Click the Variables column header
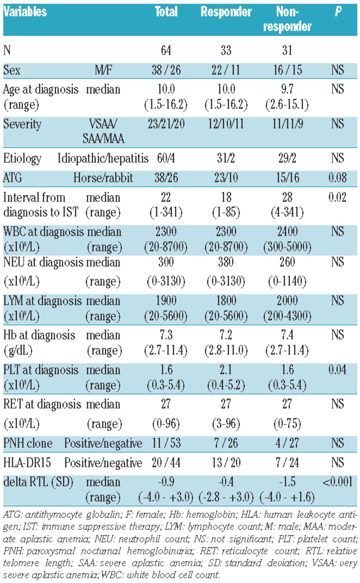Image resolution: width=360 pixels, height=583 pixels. pos(25,12)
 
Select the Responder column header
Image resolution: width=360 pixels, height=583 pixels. pos(226,12)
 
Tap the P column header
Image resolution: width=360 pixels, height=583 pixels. pos(338,12)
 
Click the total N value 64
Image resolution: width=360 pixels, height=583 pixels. pos(166,50)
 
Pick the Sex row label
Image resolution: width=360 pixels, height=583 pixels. pos(12,70)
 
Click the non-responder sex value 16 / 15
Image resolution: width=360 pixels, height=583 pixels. pos(287,70)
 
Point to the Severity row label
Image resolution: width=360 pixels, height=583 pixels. pos(22,124)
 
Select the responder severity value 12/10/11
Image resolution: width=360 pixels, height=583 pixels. pos(226,124)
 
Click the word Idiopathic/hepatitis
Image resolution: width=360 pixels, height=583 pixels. pos(103,158)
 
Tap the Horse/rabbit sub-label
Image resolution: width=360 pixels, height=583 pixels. pos(103,178)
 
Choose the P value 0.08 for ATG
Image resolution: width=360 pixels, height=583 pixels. pos(337,178)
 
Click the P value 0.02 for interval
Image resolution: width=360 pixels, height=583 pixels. pos(337,197)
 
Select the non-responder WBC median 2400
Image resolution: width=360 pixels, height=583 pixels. pos(287,232)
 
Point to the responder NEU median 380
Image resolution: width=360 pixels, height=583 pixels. pos(226,262)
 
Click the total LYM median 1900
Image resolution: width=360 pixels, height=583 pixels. pos(166,301)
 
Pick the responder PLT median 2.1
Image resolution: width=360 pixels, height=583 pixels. pos(226,370)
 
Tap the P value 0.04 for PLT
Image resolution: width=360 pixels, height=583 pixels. pos(337,370)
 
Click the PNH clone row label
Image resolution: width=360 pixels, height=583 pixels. pos(28,443)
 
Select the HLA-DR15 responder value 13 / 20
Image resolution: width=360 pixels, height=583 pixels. pos(226,463)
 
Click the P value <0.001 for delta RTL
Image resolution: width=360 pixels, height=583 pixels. pos(337,482)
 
